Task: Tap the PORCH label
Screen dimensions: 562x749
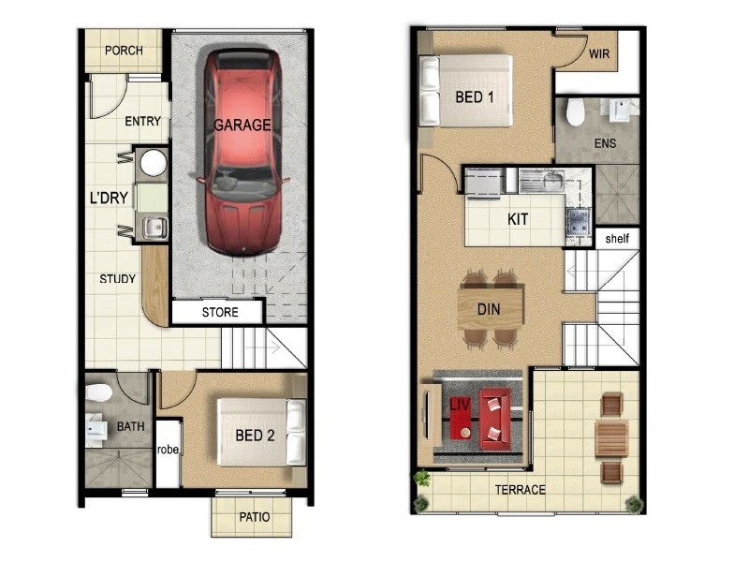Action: (x=124, y=51)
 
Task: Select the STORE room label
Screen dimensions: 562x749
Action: (x=220, y=312)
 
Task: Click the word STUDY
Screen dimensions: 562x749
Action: (x=118, y=279)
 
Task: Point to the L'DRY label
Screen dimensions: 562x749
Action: (x=108, y=198)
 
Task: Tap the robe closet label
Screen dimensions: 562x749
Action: (x=169, y=451)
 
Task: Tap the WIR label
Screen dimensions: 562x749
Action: (x=599, y=54)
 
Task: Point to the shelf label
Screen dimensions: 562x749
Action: (x=617, y=239)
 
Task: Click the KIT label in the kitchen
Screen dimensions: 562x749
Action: (x=518, y=220)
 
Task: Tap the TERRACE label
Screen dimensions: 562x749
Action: (x=520, y=490)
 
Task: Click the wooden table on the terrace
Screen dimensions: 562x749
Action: (x=611, y=436)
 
